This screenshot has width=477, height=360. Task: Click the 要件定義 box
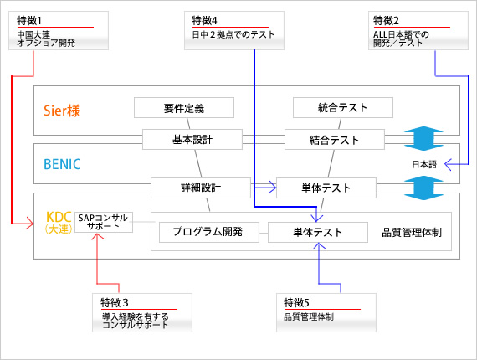pos(184,108)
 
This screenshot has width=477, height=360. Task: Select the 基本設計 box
pos(192,139)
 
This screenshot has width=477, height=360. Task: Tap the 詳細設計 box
pos(201,188)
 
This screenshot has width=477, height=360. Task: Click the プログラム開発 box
pos(209,232)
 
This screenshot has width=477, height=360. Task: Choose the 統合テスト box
pos(343,108)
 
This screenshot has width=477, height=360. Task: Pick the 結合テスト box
pos(335,139)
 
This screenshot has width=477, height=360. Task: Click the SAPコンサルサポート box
pos(104,222)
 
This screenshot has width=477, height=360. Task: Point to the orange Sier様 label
pos(62,111)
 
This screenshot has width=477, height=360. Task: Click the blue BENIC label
pos(63,164)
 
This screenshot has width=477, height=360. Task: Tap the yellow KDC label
pos(59,218)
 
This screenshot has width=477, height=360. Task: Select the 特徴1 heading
pos(29,21)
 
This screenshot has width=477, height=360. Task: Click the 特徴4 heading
pos(204,21)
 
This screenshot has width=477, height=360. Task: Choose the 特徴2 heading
pos(386,21)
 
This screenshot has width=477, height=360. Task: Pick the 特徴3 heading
pos(115,303)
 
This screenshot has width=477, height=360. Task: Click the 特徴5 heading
pos(296,303)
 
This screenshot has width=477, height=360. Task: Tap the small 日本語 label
pos(424,165)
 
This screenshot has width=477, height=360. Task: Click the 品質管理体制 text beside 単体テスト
pos(412,233)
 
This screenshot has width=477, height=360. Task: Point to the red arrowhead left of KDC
pos(30,224)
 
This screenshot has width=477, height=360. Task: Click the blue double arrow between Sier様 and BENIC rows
pos(423,138)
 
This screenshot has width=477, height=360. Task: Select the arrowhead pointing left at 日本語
pos(448,164)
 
